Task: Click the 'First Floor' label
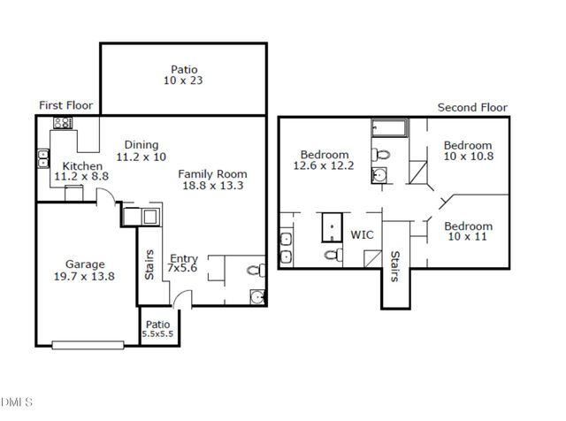[66, 105]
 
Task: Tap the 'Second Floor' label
[473, 107]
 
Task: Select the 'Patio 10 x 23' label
[184, 75]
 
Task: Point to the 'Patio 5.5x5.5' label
[157, 329]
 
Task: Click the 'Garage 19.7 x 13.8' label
[85, 270]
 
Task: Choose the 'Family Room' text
[212, 174]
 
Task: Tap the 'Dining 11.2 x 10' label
[141, 151]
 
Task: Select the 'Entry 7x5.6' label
[185, 263]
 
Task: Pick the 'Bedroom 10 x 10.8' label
[467, 151]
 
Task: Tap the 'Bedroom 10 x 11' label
[467, 232]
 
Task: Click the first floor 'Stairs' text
[149, 264]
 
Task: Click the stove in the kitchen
[63, 124]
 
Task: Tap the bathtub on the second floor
[387, 129]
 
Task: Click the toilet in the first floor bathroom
[252, 269]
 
